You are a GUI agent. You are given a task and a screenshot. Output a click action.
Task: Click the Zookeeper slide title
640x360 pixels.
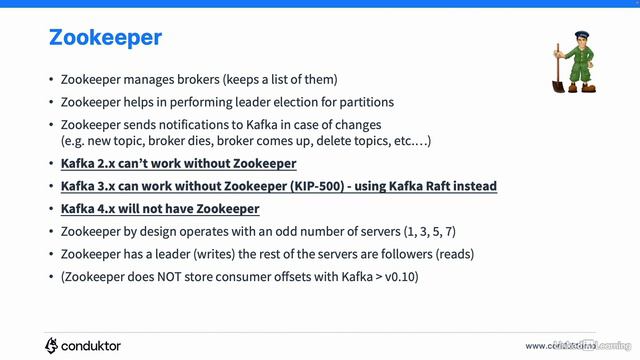(105, 39)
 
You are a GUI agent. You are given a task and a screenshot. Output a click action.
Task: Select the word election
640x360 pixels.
(284, 101)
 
